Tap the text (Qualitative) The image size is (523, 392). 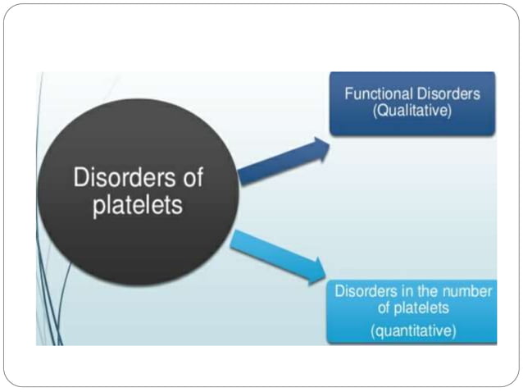(412, 111)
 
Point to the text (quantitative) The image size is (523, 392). (412, 331)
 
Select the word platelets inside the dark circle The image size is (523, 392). (137, 205)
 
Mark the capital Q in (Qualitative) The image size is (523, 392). (381, 111)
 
